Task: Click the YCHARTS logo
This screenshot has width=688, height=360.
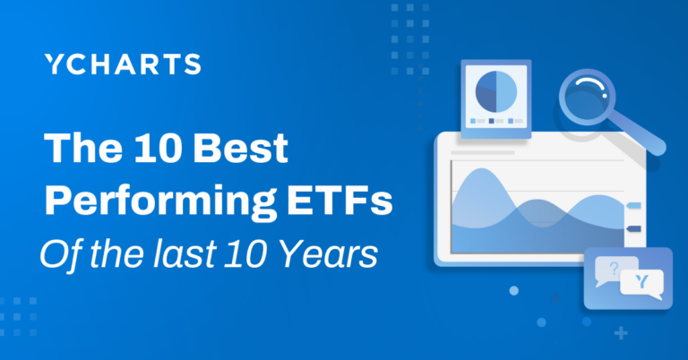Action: coord(122,64)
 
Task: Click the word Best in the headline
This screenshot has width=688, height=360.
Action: coord(240,148)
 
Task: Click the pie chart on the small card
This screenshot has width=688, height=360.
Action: coord(498,90)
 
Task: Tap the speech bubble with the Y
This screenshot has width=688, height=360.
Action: coord(641,284)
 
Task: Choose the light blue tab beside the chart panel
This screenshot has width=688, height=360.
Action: coord(633,205)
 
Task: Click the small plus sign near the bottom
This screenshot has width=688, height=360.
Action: coord(622,333)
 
